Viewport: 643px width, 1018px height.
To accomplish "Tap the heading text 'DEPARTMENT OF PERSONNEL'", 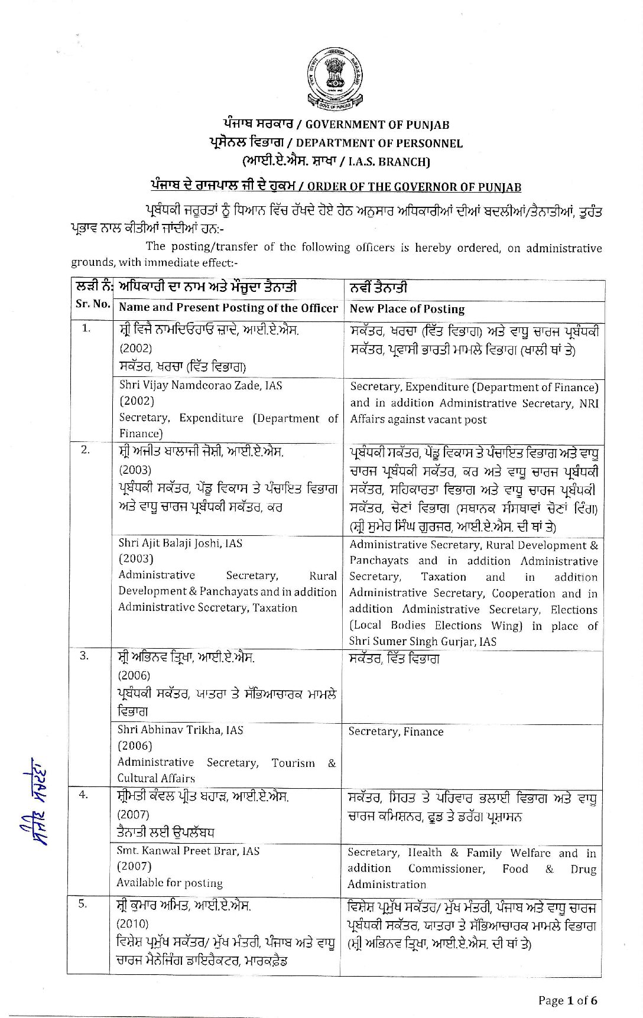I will click(379, 143).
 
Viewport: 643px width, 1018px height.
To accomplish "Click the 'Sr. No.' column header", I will click(93, 304).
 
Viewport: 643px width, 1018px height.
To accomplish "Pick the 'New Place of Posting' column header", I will click(407, 309).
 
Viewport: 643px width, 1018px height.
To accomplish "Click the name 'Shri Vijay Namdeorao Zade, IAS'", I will click(200, 386).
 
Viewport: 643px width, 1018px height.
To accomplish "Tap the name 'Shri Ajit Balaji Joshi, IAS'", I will click(180, 543).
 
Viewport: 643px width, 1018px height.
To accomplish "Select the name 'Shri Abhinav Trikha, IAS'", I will click(180, 730).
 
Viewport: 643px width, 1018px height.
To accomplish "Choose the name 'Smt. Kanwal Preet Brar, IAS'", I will click(188, 851).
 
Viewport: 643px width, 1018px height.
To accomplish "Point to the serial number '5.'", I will click(83, 903).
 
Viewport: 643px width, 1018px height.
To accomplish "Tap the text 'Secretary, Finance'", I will click(395, 731).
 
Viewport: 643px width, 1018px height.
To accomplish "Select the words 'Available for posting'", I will click(170, 883).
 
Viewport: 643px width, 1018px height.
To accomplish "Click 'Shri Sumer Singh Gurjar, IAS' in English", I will click(423, 641).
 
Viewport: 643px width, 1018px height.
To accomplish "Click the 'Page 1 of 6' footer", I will click(567, 1000).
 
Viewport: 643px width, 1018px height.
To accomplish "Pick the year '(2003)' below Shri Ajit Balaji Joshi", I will click(135, 558).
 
